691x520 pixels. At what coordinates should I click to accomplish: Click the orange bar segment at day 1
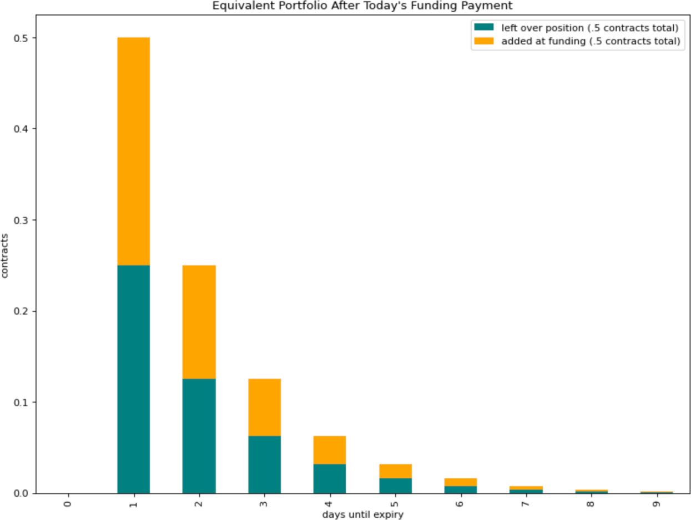coord(133,151)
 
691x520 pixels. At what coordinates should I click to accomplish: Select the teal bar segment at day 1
coord(133,379)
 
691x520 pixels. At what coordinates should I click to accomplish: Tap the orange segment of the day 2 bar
coord(199,322)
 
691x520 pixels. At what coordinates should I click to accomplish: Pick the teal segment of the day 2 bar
coord(199,436)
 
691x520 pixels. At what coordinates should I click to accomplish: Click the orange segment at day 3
coord(264,407)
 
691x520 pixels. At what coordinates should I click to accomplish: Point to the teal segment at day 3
coord(264,464)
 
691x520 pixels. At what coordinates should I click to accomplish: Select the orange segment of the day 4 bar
coord(330,450)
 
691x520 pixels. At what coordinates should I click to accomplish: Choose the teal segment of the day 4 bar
coord(330,479)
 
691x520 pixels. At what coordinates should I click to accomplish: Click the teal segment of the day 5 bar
coord(395,486)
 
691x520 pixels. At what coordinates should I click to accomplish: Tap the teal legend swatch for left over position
coord(484,27)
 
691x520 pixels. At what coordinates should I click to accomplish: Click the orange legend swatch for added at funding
coord(484,41)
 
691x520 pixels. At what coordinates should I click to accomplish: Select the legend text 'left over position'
coord(543,28)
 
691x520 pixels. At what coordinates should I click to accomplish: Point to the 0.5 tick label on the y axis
coord(21,38)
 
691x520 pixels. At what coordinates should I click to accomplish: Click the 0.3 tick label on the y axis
coord(21,220)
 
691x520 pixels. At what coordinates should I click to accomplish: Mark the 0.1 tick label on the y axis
coord(21,402)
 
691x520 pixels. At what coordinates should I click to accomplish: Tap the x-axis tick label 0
coord(68,504)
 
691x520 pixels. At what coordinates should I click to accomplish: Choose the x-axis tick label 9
coord(657,504)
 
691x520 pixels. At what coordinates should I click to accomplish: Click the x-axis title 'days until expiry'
coord(362,514)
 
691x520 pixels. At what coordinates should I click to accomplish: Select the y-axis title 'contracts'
coord(4,256)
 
